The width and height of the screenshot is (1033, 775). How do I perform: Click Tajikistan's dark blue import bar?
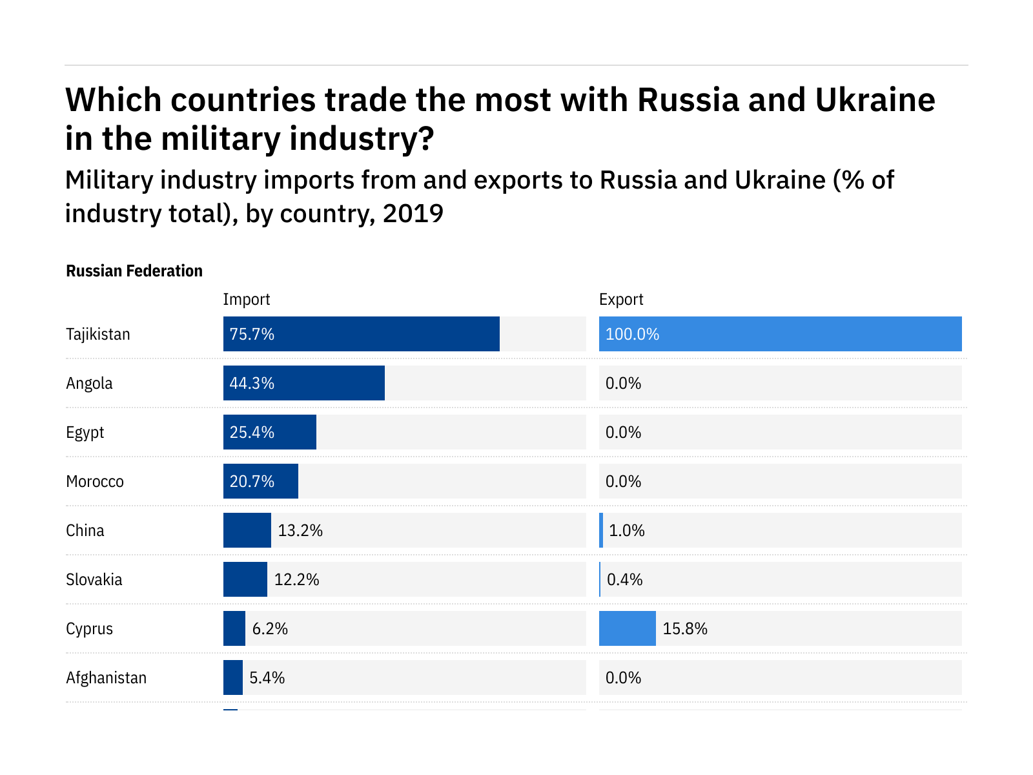362,334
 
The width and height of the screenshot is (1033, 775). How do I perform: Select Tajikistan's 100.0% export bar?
780,334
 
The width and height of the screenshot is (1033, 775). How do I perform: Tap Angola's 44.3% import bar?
304,383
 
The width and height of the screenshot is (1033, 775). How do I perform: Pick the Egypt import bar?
270,432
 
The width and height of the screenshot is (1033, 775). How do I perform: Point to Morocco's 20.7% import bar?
261,481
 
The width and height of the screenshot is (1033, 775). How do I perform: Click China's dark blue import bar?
247,530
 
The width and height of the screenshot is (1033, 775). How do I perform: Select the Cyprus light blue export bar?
627,628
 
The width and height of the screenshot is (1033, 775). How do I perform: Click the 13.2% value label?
300,530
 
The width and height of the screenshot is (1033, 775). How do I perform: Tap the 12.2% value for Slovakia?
297,579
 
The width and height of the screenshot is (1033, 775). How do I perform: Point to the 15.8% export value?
685,628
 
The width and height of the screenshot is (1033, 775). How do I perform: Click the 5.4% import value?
267,677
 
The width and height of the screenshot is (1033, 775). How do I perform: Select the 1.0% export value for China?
627,530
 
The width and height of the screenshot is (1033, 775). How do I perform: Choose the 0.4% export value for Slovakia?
625,579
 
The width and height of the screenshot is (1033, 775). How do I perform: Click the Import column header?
247,299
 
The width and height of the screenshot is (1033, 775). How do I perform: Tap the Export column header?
621,299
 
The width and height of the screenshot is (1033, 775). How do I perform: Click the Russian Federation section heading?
134,271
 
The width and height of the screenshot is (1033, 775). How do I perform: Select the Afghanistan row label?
107,677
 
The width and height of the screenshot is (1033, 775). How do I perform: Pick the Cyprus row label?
90,628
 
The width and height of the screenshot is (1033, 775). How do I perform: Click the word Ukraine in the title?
875,100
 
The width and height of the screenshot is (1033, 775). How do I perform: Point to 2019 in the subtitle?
413,213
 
